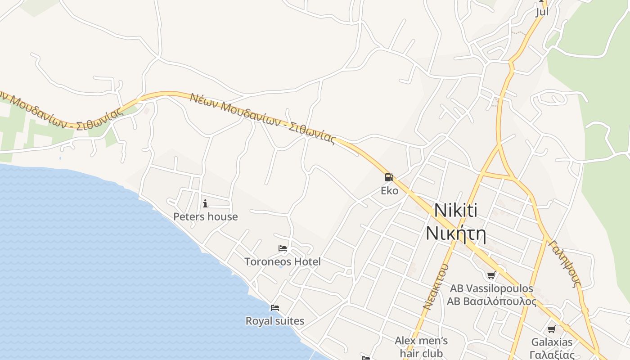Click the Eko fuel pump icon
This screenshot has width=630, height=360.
tap(389, 177)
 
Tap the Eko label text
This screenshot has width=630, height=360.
tap(389, 191)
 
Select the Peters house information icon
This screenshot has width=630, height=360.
tap(205, 203)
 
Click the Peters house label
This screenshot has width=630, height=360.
tap(206, 216)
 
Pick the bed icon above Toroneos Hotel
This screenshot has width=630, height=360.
tap(283, 248)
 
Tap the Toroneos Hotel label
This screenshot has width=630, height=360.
tap(283, 261)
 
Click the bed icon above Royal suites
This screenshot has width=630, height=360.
tap(275, 308)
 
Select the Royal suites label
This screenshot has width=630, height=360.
tap(275, 321)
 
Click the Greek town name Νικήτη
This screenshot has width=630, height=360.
tap(456, 234)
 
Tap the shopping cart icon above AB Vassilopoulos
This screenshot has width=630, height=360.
tap(491, 275)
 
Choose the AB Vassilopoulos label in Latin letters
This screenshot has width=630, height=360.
tap(491, 288)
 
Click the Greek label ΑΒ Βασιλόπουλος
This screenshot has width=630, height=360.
tap(491, 301)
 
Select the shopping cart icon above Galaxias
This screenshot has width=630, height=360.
tap(552, 329)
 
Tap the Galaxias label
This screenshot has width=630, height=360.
tap(552, 342)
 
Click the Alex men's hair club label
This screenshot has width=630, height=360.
tap(421, 347)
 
